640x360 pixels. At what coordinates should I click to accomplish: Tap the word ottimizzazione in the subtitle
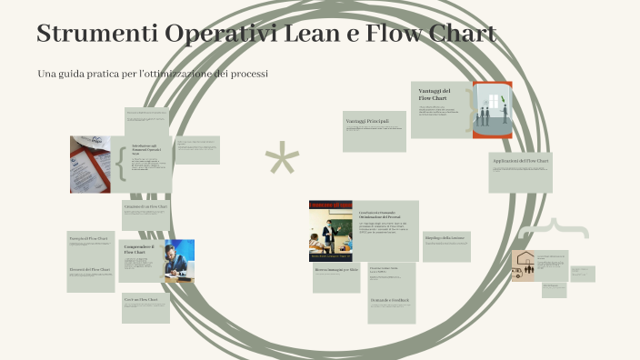pos(185,73)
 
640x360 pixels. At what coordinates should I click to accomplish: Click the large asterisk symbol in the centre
pos(282,161)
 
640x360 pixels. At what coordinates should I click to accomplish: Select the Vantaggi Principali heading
pos(367,121)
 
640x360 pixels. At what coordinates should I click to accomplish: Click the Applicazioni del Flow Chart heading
pos(520,161)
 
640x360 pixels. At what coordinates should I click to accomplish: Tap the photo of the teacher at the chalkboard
pos(331,231)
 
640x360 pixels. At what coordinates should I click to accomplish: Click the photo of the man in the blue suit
pos(178,262)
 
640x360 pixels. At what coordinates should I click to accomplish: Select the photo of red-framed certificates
pos(91,165)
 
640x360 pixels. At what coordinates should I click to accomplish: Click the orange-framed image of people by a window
pos(492,110)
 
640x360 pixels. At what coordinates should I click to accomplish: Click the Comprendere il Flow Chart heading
pos(139,250)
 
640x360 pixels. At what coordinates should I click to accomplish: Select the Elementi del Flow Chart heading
pos(90,270)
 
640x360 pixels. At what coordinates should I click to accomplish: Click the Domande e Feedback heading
pos(390,299)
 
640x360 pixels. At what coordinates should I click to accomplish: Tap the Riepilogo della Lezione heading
pos(445,237)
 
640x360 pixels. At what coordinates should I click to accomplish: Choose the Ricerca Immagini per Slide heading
pos(336,270)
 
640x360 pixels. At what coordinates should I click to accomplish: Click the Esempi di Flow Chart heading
pos(88,238)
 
